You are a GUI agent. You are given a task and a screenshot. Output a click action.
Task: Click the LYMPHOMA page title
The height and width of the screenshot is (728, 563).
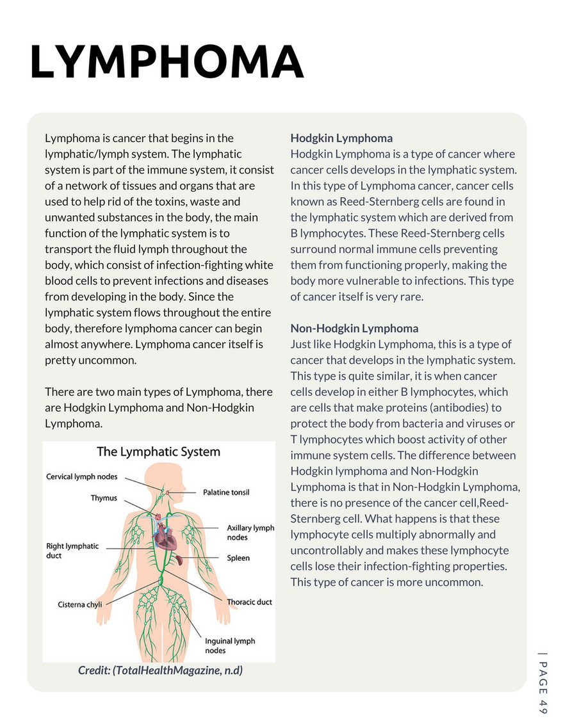(167, 63)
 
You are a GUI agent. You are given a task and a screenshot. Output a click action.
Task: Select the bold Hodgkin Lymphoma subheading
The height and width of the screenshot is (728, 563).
(341, 138)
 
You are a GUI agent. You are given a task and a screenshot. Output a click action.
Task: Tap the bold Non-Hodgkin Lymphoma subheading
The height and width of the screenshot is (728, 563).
(354, 328)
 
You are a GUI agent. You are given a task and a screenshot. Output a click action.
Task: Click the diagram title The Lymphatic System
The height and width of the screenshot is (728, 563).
(158, 452)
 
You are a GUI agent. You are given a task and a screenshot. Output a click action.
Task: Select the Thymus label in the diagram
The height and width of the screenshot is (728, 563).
(103, 497)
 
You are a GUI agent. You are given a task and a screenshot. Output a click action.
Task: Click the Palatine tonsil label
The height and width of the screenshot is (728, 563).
(226, 492)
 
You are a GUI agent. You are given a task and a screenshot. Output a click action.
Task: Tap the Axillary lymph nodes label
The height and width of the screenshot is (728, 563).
(250, 533)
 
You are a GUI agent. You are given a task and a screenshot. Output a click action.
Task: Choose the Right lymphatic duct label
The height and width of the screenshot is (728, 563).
(72, 551)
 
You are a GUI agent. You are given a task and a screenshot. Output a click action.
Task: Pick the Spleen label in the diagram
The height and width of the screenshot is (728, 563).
(238, 558)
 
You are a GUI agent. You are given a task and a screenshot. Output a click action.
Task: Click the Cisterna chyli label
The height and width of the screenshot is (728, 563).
(79, 604)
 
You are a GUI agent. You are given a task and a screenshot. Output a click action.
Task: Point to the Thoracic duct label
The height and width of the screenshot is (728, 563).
(249, 603)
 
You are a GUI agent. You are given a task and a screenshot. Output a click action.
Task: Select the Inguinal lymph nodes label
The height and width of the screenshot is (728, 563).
(229, 645)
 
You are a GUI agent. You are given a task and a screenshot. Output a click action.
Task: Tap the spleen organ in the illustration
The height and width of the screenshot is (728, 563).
(182, 560)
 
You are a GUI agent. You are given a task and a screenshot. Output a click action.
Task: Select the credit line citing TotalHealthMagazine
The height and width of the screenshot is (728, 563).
(160, 670)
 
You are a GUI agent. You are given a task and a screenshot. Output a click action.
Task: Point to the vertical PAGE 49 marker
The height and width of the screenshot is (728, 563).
(543, 682)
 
